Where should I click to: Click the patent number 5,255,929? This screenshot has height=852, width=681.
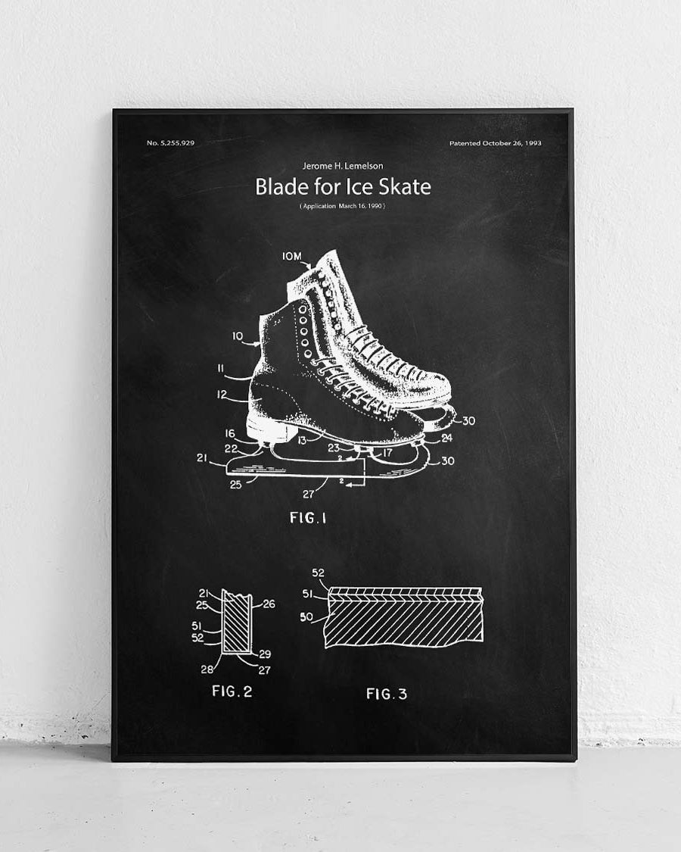point(171,143)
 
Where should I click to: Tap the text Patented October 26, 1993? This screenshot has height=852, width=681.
point(495,143)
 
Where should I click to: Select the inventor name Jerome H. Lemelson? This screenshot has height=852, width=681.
point(343,166)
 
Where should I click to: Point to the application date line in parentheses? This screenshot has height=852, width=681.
point(343,206)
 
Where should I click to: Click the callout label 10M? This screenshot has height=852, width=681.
point(291,257)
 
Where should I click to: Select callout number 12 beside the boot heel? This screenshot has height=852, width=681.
point(222,394)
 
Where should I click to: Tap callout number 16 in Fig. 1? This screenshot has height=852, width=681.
point(230,433)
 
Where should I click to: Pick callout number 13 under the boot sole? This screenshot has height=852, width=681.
point(302,439)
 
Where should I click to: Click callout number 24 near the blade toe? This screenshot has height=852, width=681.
point(447,437)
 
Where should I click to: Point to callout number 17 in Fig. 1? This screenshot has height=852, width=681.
point(387,454)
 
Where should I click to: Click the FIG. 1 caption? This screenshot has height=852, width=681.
point(308,518)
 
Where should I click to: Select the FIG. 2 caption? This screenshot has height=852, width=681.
point(232,691)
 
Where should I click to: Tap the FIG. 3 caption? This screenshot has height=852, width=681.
point(387,694)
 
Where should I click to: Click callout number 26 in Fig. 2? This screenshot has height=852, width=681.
point(269,604)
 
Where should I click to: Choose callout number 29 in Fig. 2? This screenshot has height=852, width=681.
point(264,654)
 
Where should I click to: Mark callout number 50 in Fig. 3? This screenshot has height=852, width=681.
point(306,618)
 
